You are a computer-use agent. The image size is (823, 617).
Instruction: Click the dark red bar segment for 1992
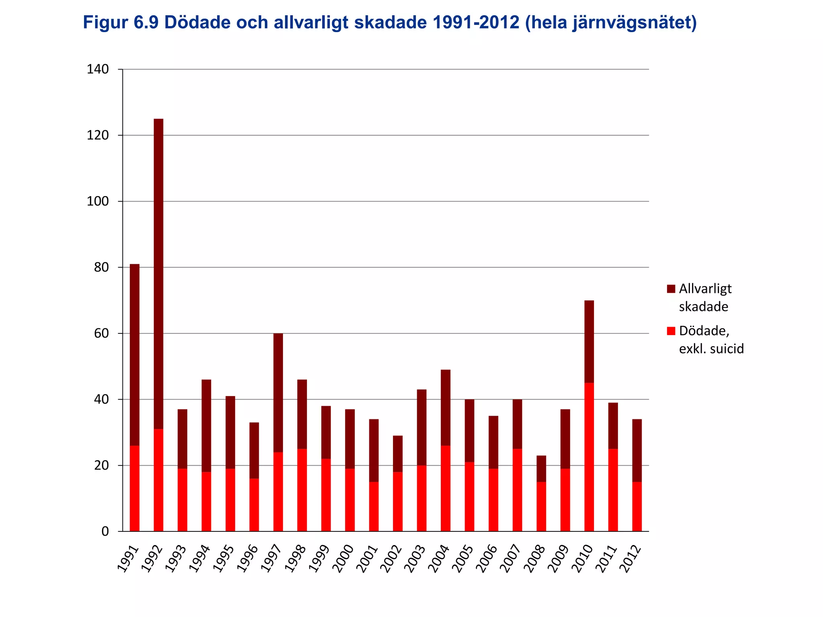158,273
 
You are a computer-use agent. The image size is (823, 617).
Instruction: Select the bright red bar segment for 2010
589,457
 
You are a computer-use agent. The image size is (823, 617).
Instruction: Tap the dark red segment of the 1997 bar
278,392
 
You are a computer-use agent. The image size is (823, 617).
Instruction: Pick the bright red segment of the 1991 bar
135,488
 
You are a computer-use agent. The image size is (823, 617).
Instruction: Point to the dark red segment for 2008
541,468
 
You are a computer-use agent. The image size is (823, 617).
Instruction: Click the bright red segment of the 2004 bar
446,488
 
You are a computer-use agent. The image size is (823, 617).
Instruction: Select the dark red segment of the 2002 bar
398,454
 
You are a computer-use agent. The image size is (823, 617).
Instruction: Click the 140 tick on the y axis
98,69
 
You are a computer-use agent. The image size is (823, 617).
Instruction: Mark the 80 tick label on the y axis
101,268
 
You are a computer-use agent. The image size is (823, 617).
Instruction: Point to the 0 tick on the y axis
105,531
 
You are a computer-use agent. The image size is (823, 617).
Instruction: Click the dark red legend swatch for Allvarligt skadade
671,289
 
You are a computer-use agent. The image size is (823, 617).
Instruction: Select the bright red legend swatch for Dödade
671,331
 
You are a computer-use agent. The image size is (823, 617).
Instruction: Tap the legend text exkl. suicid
711,348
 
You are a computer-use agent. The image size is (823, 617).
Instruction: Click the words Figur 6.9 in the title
121,22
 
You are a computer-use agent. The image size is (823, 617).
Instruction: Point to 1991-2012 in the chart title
476,22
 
